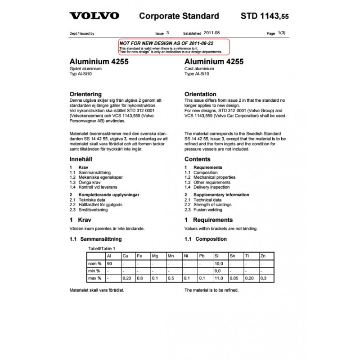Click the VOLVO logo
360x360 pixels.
(94, 16)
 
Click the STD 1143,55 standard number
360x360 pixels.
(265, 17)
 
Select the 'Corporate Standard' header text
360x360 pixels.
(179, 16)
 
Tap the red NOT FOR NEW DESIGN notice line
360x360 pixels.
(166, 42)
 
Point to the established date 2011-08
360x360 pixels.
(212, 33)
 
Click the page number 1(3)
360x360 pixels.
(282, 33)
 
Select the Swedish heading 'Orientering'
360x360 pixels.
(85, 94)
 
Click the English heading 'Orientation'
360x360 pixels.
(201, 94)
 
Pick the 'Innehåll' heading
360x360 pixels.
(81, 159)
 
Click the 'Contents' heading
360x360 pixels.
(197, 159)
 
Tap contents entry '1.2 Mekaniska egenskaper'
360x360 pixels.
(94, 177)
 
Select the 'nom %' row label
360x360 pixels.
(94, 263)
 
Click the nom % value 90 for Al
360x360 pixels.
(109, 263)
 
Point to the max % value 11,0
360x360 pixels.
(219, 279)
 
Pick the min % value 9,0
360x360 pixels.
(218, 271)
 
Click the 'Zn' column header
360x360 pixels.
(263, 256)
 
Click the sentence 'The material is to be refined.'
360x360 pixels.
(211, 290)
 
